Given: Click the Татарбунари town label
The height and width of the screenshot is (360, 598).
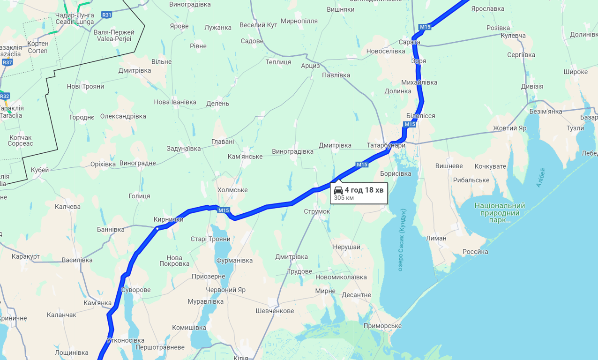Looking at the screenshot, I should (x=386, y=145).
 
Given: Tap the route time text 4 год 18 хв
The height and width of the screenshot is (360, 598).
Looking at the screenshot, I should (x=364, y=190).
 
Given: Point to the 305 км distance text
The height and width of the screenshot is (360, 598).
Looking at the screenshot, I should (x=344, y=198).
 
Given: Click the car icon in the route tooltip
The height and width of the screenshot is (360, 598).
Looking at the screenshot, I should (x=338, y=190).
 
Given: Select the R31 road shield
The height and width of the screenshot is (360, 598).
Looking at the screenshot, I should (x=107, y=15).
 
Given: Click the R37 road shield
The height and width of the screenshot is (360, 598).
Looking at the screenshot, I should (x=7, y=62).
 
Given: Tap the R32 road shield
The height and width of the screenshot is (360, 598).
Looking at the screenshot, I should (x=4, y=96).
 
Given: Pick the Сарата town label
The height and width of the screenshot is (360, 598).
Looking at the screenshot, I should (x=409, y=42).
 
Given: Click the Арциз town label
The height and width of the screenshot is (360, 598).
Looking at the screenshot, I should (x=310, y=66).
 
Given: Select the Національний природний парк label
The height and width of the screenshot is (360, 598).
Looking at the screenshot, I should (x=500, y=212).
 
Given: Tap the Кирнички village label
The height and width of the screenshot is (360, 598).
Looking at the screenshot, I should (x=168, y=219).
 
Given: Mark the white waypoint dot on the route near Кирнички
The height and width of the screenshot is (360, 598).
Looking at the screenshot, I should (x=157, y=228).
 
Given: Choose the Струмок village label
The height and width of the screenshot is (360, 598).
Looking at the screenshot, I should (x=317, y=211).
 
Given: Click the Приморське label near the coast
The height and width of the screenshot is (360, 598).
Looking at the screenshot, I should (x=382, y=326).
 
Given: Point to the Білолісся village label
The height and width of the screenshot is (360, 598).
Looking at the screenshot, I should (x=420, y=116).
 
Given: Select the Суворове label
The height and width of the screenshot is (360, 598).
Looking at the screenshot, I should (x=136, y=290).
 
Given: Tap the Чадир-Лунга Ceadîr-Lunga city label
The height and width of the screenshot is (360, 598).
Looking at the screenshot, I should (x=75, y=18).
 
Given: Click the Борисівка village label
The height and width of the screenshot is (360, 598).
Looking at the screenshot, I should (x=396, y=173).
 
